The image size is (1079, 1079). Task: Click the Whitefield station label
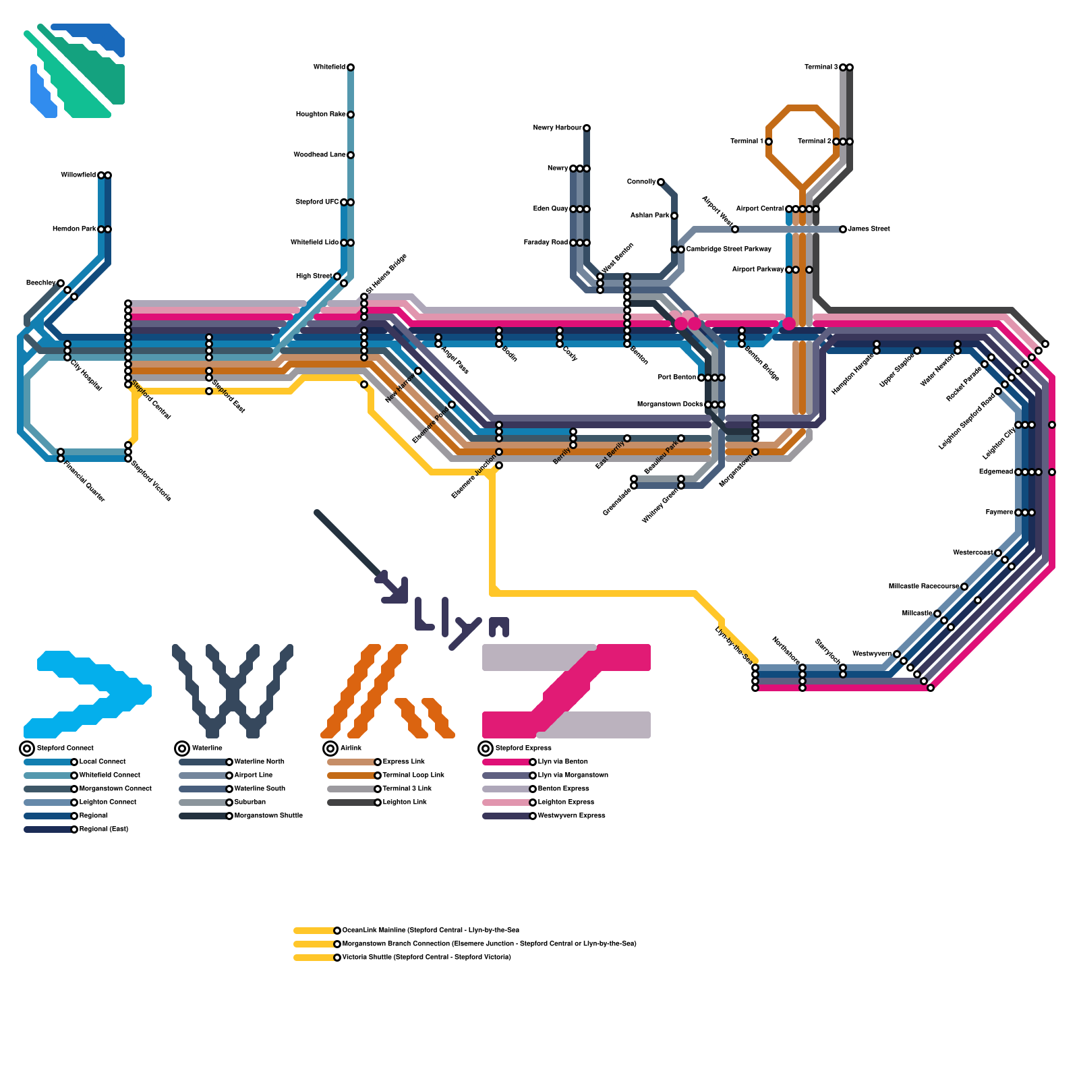tap(329, 67)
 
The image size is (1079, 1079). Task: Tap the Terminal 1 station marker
tap(769, 142)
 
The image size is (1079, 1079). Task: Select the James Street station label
tap(869, 229)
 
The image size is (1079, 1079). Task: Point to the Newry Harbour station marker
tap(587, 128)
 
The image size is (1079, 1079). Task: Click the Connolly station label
tap(641, 182)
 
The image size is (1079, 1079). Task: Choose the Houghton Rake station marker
tap(351, 115)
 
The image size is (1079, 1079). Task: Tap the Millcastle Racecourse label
tap(923, 587)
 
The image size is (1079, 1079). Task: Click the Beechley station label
tap(40, 283)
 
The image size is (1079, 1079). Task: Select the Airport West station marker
tap(735, 229)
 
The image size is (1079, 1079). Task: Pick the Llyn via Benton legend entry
tap(562, 762)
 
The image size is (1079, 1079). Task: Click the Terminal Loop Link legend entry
tap(413, 776)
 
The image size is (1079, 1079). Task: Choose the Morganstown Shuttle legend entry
tap(268, 816)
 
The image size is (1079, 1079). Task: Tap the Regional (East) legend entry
tap(103, 829)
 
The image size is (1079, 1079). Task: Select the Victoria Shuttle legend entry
tap(426, 958)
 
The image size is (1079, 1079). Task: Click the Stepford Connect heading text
tap(65, 749)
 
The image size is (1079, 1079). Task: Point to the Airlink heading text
tap(351, 749)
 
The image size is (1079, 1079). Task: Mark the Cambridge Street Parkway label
tap(728, 250)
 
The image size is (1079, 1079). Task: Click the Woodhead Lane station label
tap(319, 155)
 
